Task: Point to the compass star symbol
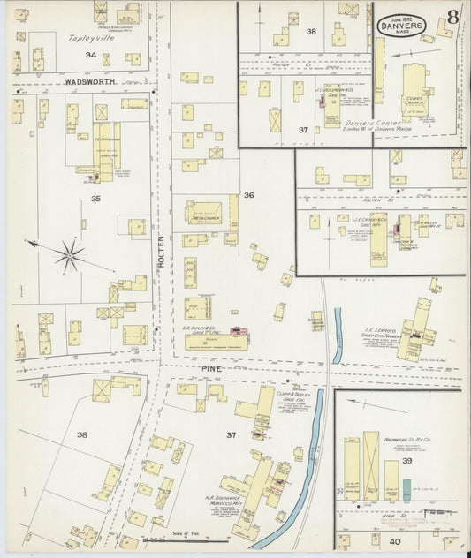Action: click(x=68, y=256)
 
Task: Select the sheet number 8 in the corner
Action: click(x=452, y=17)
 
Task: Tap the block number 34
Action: click(x=90, y=56)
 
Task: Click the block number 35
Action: click(x=95, y=200)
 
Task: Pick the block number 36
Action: click(x=248, y=195)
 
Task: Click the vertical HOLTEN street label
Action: click(x=162, y=252)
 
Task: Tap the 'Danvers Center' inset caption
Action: click(x=368, y=124)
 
